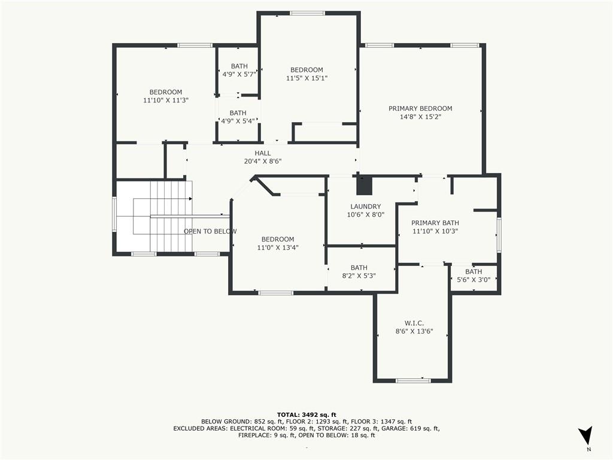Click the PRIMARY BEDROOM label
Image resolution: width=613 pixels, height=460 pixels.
[420, 108]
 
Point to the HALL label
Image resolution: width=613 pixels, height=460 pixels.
[262, 153]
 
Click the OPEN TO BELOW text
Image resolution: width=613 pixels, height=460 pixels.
[210, 231]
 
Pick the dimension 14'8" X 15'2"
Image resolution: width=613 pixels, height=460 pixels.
[420, 117]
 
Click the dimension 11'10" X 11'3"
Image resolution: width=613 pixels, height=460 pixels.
[166, 101]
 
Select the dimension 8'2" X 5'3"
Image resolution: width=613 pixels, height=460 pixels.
[359, 276]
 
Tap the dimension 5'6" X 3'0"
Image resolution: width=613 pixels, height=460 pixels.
[474, 280]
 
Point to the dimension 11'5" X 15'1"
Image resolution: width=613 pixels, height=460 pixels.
[306, 78]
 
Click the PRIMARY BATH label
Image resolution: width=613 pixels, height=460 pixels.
[435, 223]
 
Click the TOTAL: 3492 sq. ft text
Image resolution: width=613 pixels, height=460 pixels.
[306, 414]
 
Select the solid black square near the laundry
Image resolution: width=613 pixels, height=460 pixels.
[364, 186]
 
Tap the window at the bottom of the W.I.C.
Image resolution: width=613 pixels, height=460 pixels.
[413, 380]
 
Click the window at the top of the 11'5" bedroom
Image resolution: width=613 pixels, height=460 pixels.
[307, 13]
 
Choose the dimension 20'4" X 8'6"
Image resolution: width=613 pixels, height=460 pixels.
[262, 161]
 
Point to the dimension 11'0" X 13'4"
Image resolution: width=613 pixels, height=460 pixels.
[278, 247]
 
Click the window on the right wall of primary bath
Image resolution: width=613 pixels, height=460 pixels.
[499, 235]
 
